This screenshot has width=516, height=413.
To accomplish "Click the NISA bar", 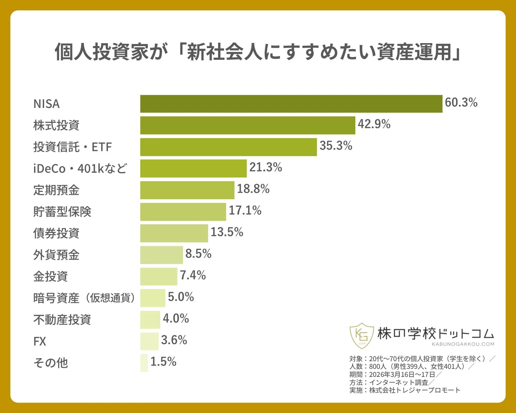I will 291,104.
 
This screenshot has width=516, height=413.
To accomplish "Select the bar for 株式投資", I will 247,125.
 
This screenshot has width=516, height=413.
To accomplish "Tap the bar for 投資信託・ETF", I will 228,147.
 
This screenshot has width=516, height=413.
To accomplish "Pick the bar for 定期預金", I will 187,190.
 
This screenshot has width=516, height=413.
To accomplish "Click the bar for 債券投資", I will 174,233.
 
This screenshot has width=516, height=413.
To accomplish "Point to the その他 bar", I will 144,363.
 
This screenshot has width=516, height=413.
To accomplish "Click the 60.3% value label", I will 461,103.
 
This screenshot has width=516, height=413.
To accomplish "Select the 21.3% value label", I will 266,167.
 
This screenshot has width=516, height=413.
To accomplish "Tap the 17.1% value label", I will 245,211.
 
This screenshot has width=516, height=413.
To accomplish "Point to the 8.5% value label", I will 198,254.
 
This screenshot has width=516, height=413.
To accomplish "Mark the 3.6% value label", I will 174,340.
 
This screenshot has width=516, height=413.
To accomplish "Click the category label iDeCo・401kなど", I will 80,168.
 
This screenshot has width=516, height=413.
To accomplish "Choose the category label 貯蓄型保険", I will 62,212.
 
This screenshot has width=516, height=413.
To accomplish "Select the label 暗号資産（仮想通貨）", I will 84,298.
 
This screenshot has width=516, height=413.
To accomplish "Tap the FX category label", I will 40,341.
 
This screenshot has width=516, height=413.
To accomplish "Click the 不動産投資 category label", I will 62,320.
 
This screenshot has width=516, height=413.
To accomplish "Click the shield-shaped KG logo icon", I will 361,335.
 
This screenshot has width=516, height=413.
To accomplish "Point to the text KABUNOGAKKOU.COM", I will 463,344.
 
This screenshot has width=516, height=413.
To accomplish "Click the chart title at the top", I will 258,52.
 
